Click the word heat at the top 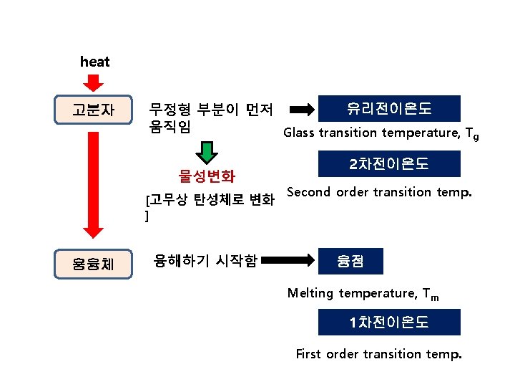[95, 62]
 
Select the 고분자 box [93, 110]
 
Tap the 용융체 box [93, 264]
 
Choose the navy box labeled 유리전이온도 [389, 108]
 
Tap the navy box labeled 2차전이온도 [389, 165]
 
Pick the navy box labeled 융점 [351, 261]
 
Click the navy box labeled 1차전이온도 [389, 322]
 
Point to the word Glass [299, 133]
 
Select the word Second [309, 192]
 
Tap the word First [308, 354]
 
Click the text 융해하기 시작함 [206, 261]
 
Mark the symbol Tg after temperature [471, 134]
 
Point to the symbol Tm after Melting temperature [431, 295]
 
